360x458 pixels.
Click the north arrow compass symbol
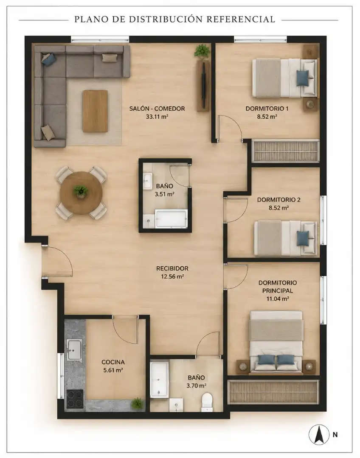click(x=319, y=434)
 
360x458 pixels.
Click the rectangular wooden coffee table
click(x=95, y=111)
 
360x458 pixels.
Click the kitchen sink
click(x=75, y=349)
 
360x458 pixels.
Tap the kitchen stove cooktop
click(x=75, y=399)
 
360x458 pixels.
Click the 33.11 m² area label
click(x=157, y=117)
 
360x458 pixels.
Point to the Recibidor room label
click(x=172, y=268)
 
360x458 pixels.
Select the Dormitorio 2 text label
click(x=278, y=200)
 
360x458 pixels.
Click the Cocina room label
click(x=113, y=362)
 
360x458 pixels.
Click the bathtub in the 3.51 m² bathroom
click(x=171, y=218)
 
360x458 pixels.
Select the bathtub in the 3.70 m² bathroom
click(x=160, y=380)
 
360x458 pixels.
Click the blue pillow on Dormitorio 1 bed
click(x=302, y=78)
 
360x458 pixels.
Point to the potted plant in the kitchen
click(x=137, y=404)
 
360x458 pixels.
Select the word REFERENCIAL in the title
click(x=241, y=19)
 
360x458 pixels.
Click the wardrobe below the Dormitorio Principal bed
click(x=273, y=392)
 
